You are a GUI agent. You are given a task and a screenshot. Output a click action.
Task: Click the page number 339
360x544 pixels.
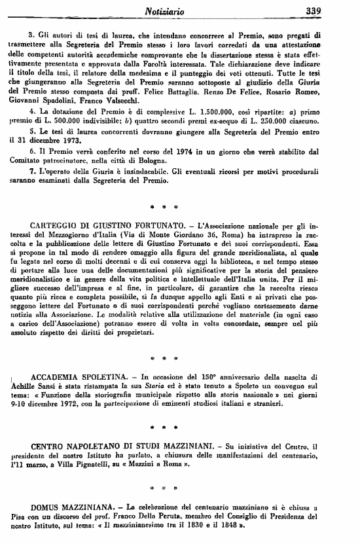(x=340, y=10)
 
